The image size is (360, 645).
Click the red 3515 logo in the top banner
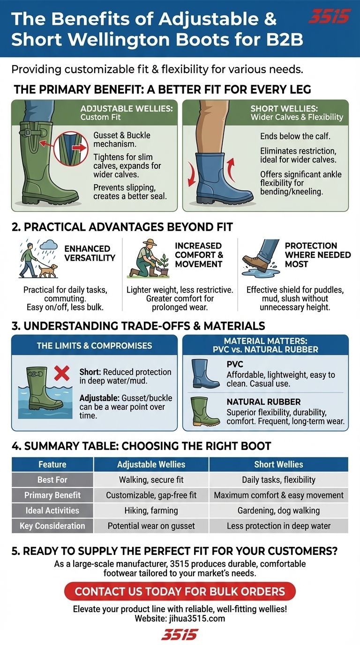(330, 15)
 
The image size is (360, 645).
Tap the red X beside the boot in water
(61, 373)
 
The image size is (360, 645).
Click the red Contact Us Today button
(180, 592)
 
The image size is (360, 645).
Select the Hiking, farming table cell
(151, 510)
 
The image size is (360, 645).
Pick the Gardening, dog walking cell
(278, 510)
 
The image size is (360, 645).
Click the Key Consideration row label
(52, 526)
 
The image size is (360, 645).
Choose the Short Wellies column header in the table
(278, 464)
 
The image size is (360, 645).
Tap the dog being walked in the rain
(48, 270)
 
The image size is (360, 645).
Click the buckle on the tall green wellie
(28, 132)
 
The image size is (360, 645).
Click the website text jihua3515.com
(197, 618)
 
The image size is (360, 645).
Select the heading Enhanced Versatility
(90, 253)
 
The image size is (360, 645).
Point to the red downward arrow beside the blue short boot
(191, 174)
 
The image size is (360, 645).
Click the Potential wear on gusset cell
(151, 526)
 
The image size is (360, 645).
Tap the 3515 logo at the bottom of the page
(180, 634)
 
